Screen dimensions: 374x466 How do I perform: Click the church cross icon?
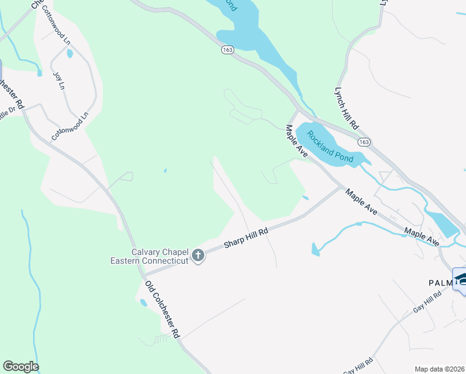(x=198, y=255)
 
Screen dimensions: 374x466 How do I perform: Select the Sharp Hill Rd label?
(x=246, y=239)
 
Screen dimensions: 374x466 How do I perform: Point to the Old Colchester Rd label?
(x=162, y=309)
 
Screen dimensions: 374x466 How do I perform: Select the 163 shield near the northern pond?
(x=225, y=50)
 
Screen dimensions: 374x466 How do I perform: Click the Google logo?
(x=21, y=367)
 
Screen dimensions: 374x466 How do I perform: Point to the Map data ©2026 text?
(x=439, y=369)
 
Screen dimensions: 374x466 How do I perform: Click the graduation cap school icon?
(x=460, y=278)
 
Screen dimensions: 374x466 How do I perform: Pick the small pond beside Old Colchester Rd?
(x=144, y=302)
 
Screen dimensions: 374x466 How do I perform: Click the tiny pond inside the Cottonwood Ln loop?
(x=69, y=54)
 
